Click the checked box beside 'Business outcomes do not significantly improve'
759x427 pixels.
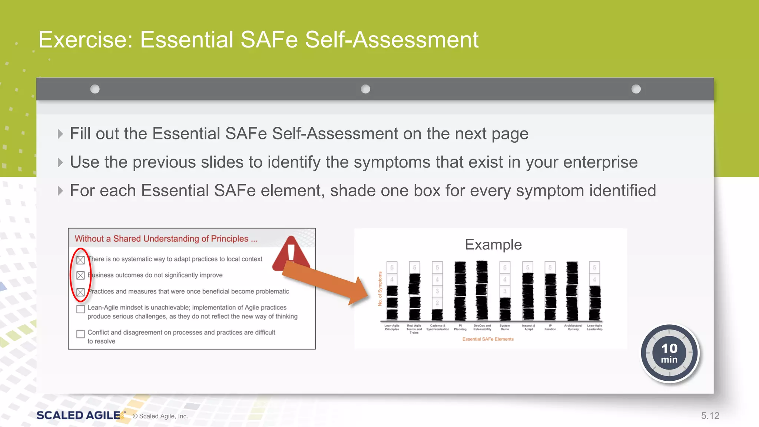pyautogui.click(x=80, y=275)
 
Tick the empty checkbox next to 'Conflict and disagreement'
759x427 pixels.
pyautogui.click(x=80, y=334)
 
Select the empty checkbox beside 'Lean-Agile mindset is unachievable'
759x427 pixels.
pyautogui.click(x=80, y=309)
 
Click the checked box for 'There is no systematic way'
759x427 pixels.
pyautogui.click(x=80, y=260)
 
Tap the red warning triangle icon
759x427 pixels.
pyautogui.click(x=291, y=254)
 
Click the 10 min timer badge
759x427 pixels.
pyautogui.click(x=669, y=353)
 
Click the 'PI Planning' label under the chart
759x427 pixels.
pyautogui.click(x=460, y=327)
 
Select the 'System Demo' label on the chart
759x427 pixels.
pyautogui.click(x=505, y=327)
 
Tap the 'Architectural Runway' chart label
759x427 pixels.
pyautogui.click(x=573, y=327)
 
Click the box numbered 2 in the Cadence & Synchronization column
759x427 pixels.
pyautogui.click(x=437, y=303)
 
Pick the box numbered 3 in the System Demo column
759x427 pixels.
pyautogui.click(x=505, y=291)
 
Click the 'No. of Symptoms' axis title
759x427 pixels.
pyautogui.click(x=380, y=289)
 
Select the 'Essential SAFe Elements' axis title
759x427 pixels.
pyautogui.click(x=488, y=339)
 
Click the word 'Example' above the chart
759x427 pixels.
pyautogui.click(x=493, y=245)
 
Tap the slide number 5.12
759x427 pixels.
pyautogui.click(x=710, y=416)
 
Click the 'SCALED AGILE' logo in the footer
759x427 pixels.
pyautogui.click(x=79, y=416)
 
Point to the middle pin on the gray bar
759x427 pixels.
pyautogui.click(x=365, y=89)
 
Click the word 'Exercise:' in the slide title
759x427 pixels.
pyautogui.click(x=86, y=40)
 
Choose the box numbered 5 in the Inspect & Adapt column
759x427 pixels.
pyautogui.click(x=528, y=268)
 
